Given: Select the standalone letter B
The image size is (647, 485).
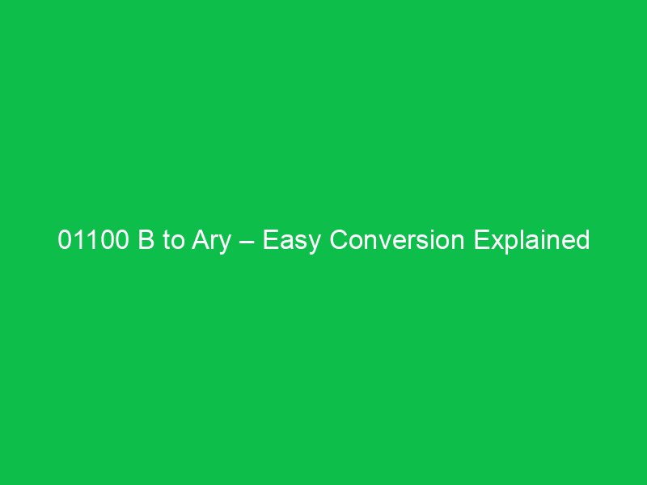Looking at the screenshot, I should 138,241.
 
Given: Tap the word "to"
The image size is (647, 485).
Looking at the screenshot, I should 164,241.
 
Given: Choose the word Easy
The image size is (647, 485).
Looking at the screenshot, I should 290,241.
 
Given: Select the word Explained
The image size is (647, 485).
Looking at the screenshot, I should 531,241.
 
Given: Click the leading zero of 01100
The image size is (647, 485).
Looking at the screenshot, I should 65,241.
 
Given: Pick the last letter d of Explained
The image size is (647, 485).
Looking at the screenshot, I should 582,241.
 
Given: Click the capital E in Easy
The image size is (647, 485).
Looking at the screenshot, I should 270,241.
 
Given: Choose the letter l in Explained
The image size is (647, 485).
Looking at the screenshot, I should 522,241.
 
